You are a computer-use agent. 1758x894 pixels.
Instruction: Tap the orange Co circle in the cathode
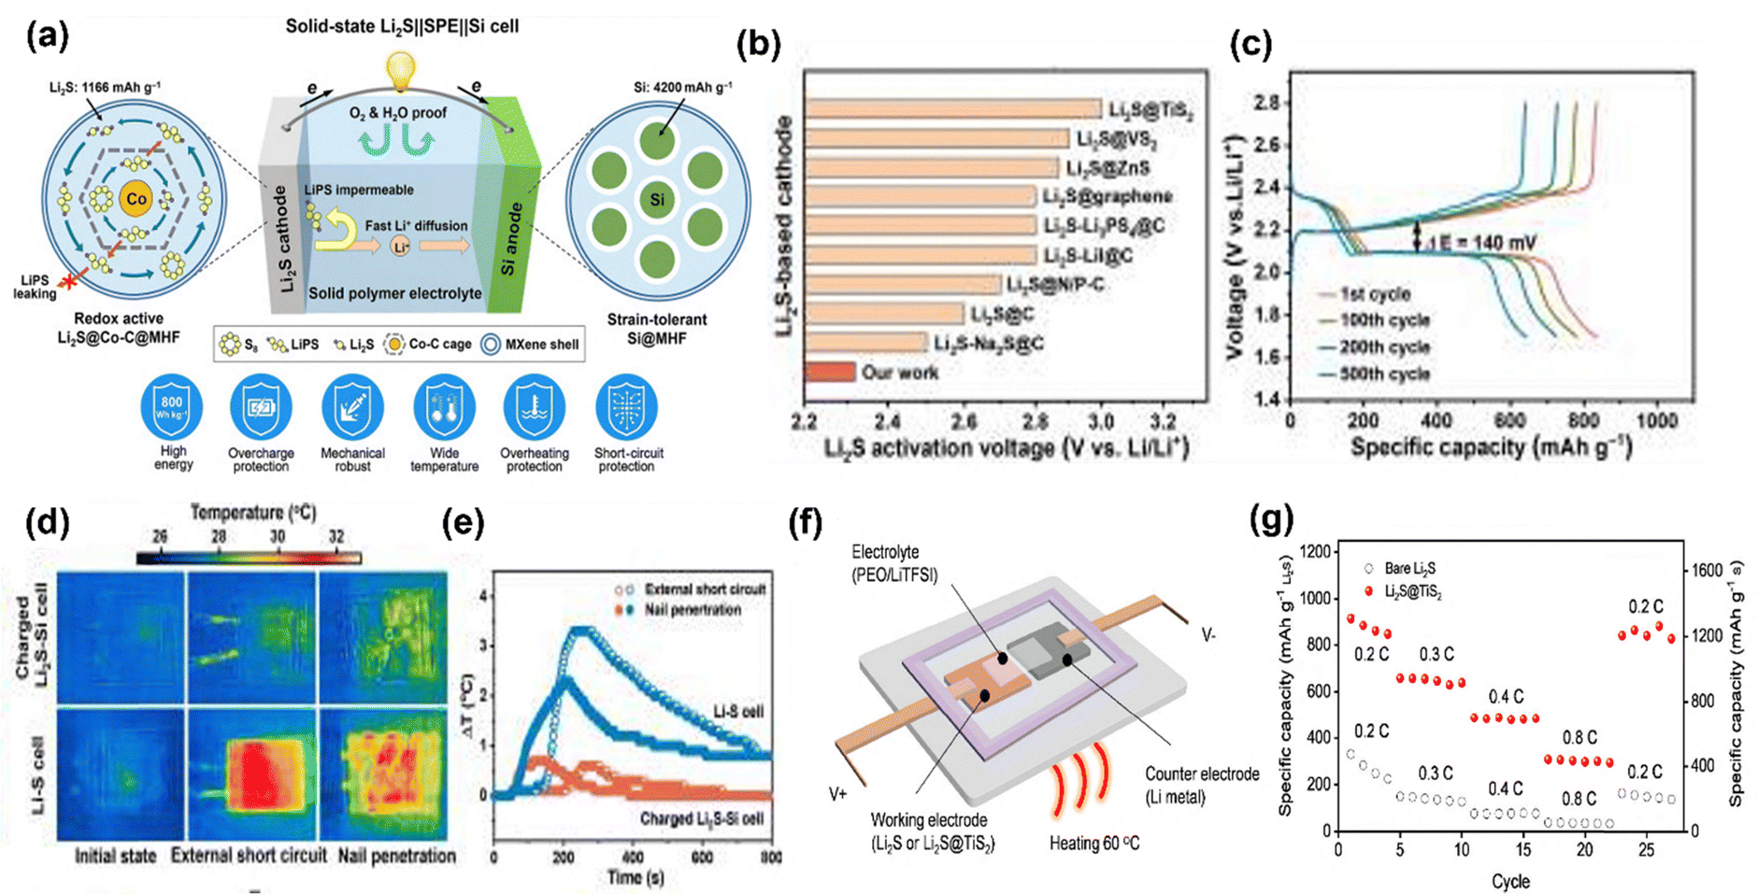pos(136,199)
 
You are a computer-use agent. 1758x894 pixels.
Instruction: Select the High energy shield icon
pos(172,406)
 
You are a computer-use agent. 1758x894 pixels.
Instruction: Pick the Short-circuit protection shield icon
pos(626,406)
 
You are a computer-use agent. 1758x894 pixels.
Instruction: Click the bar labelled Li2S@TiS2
pos(952,109)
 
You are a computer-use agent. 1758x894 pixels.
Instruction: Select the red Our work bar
pos(830,372)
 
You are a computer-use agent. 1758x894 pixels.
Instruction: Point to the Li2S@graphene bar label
pos(1107,196)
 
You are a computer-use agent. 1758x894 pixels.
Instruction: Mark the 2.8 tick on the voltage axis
pos(1265,103)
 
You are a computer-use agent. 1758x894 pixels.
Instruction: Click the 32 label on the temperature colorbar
pos(336,536)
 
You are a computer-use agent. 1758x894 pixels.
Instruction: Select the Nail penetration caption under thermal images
pos(396,856)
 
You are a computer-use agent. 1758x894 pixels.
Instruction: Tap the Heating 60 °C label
pos(1093,844)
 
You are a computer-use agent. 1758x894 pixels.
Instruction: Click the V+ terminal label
pos(837,794)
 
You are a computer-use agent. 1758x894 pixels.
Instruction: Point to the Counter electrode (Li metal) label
pos(1202,785)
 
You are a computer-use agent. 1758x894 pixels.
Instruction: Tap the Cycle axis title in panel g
pos(1510,881)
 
